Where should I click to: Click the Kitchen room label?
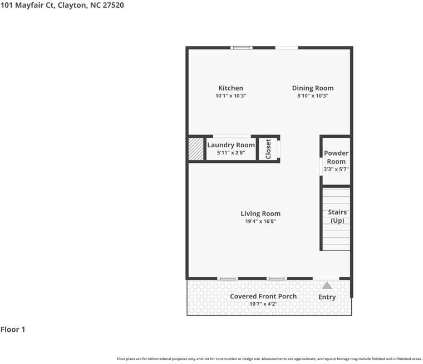[x=230, y=88]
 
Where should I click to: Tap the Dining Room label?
[x=313, y=88]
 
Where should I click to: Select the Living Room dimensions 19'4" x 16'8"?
[x=260, y=221]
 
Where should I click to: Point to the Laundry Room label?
[x=231, y=145]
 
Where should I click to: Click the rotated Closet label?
[x=268, y=149]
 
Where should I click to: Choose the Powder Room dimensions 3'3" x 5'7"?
[x=336, y=169]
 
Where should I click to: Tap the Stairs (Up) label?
[x=337, y=216]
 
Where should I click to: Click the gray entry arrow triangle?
[x=327, y=285]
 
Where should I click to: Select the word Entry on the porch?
[x=327, y=297]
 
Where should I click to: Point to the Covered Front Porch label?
[x=263, y=296]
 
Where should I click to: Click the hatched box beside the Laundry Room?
[x=196, y=149]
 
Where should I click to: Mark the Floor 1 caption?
[x=13, y=330]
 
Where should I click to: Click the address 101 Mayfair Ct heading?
[x=28, y=6]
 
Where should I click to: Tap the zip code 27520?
[x=114, y=6]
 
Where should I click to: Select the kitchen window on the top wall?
[x=242, y=48]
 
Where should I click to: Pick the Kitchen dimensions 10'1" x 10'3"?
[x=230, y=96]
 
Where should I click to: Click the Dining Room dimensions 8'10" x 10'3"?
[x=313, y=96]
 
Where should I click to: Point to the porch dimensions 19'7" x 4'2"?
[x=263, y=304]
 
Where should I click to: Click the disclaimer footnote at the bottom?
[x=269, y=359]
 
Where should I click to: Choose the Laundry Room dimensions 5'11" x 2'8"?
[x=231, y=153]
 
